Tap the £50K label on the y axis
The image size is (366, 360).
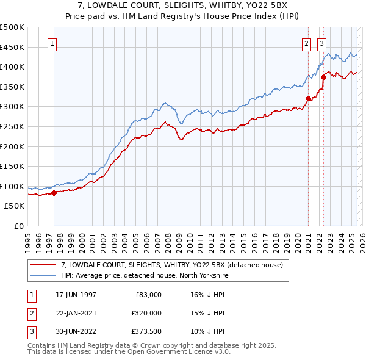[x=15, y=206]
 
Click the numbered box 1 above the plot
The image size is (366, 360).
[x=52, y=43]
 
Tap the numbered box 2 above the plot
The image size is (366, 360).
[x=306, y=43]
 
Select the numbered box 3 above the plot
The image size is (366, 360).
[x=321, y=43]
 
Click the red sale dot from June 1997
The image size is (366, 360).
[x=54, y=193]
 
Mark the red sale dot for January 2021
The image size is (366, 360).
[x=308, y=98]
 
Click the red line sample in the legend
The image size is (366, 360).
[x=43, y=265]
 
